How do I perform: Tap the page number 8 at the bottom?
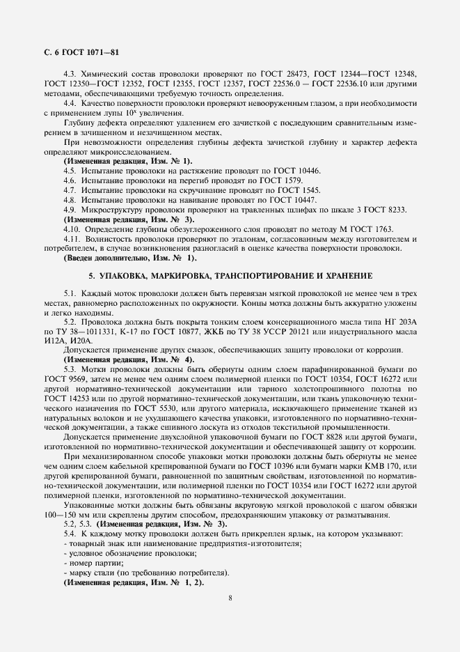pyautogui.click(x=230, y=597)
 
